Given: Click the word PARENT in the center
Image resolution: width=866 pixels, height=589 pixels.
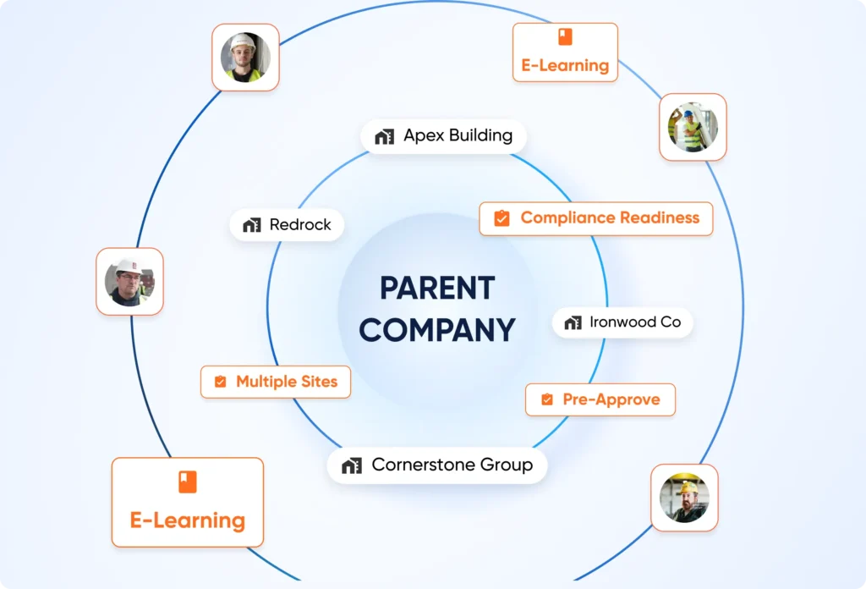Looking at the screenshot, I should (x=436, y=288).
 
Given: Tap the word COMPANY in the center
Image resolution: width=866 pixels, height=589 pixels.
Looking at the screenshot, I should (x=436, y=329).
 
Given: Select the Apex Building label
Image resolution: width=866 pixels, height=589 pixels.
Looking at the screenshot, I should (x=445, y=135).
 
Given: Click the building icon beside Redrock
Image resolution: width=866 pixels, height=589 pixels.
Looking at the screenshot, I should (x=251, y=225).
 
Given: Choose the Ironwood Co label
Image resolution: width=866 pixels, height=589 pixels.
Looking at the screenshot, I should (x=623, y=322).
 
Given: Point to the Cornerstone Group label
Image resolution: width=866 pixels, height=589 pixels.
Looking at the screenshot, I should (x=437, y=465).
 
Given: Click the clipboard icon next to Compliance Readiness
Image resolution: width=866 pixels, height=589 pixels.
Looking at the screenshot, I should (x=502, y=218).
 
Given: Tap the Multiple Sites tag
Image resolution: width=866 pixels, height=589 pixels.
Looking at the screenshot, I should (x=276, y=382).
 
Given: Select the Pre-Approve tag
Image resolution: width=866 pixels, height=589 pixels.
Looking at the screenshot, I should (x=600, y=399).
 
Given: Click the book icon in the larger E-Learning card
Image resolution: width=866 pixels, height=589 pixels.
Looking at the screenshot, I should (x=187, y=482).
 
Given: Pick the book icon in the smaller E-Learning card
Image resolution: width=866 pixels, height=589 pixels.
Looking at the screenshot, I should (x=565, y=37).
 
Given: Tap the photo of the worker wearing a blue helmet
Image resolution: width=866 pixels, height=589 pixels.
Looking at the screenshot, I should (x=693, y=127).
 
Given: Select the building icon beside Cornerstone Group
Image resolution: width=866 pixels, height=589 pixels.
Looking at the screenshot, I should (x=352, y=465).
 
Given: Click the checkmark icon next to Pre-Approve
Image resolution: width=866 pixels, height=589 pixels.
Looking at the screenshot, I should (x=547, y=399).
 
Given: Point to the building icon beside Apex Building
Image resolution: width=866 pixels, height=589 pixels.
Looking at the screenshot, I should (x=385, y=136).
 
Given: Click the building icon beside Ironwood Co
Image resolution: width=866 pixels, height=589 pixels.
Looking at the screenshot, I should (x=573, y=322).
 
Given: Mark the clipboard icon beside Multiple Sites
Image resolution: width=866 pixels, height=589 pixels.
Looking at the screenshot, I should (x=220, y=382).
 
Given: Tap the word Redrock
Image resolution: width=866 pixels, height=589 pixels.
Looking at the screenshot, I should (x=300, y=225).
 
